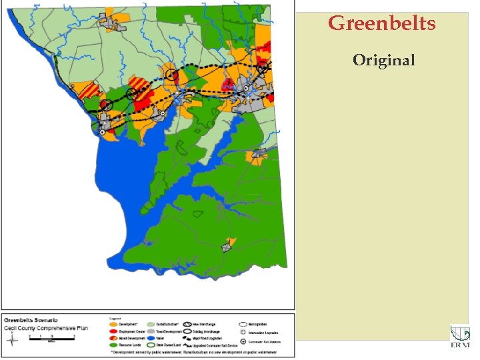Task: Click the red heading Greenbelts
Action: tap(382, 24)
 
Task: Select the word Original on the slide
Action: tap(384, 60)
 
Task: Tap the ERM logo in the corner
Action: tap(459, 337)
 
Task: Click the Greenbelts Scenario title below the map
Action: tap(33, 320)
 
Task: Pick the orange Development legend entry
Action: tap(123, 322)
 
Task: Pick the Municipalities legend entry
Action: tap(256, 322)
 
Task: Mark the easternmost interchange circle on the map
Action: tap(263, 66)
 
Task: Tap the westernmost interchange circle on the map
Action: tap(105, 105)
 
